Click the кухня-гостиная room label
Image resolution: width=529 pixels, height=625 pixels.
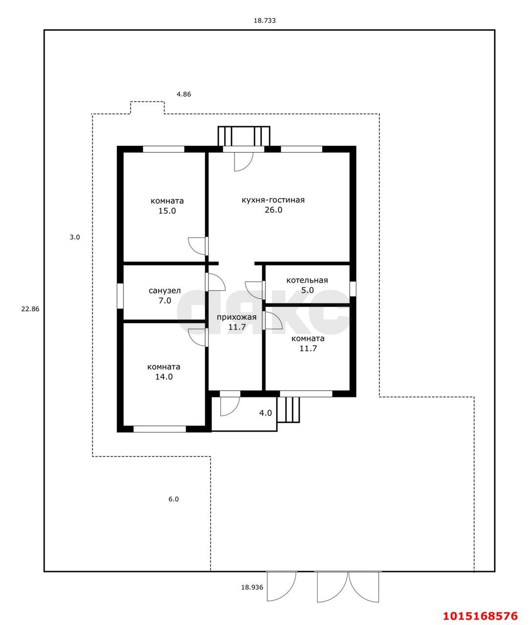pos(273,200)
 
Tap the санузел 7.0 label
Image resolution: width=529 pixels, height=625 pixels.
pos(165,295)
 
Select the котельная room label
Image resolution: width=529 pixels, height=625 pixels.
pos(307,280)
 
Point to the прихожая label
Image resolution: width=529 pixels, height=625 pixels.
pos(236,317)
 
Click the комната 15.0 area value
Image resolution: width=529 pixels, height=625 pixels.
pos(167,211)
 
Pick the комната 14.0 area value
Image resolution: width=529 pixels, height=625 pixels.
pos(164,377)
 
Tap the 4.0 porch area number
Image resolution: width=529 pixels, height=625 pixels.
pos(265,413)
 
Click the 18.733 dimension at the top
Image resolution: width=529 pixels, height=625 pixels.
pos(265,21)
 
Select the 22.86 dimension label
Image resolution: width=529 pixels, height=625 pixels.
pos(30,309)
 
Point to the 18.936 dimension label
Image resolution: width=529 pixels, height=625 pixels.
pos(252,587)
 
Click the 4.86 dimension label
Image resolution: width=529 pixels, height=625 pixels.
pos(184,94)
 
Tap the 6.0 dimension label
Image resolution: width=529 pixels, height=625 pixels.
pos(173,499)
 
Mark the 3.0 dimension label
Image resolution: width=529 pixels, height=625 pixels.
pos(75,237)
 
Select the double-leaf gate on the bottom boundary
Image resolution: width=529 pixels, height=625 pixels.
pos(348,587)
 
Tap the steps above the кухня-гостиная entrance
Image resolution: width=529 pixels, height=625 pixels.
pos(244,136)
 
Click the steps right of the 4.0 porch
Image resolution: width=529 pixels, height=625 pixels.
pos(288,409)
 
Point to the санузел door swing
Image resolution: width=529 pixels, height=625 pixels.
pos(215,282)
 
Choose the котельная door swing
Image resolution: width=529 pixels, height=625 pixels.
pos(254,290)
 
